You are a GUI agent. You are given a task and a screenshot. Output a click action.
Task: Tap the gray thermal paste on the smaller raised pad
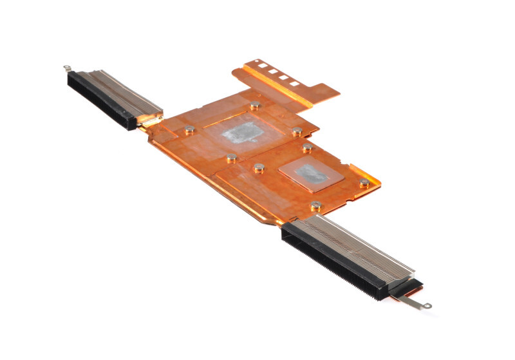[308, 172]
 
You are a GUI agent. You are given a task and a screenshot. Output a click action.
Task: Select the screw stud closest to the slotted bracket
[256, 106]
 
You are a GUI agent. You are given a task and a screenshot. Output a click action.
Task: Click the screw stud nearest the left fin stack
[190, 129]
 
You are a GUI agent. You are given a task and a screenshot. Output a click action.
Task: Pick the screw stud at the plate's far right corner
[364, 183]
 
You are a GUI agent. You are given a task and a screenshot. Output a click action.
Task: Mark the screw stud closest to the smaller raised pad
[308, 148]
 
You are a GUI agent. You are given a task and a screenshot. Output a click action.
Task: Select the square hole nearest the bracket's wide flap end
[295, 84]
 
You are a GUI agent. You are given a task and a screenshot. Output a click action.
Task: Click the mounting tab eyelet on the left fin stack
[66, 67]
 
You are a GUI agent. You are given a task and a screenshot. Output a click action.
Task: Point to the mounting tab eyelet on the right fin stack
[426, 306]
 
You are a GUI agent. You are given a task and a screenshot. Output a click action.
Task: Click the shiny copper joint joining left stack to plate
[149, 120]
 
